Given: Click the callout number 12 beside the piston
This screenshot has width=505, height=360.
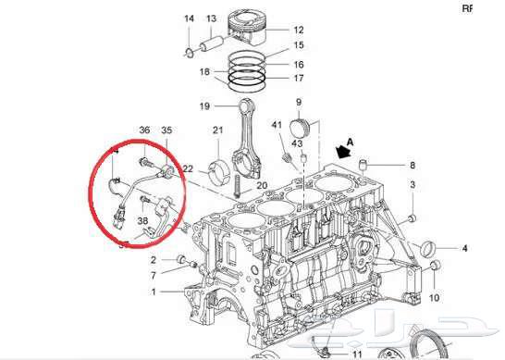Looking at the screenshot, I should (x=299, y=30).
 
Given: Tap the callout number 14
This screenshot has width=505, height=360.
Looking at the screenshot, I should (x=188, y=19).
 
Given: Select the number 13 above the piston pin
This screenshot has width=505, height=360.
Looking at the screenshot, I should (x=211, y=19).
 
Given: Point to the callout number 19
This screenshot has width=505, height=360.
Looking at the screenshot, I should (x=205, y=106).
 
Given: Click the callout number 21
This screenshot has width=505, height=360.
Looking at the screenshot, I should (x=218, y=130).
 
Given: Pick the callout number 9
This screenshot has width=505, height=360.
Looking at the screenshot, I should (x=299, y=101).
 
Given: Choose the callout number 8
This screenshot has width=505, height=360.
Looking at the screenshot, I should (x=412, y=165).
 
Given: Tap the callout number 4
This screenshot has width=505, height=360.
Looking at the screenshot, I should (x=465, y=248).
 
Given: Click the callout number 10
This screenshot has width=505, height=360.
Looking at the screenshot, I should (x=435, y=299).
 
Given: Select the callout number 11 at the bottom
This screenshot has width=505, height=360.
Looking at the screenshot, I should (x=358, y=353).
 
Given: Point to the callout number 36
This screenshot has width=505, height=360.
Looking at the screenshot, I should (x=144, y=130).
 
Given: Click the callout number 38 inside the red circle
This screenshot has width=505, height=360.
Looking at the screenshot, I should (x=142, y=221).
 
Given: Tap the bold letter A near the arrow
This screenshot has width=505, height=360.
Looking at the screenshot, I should (x=349, y=143).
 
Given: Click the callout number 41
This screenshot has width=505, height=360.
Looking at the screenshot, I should (x=277, y=124).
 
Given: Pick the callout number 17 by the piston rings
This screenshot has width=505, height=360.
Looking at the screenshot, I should (x=299, y=78).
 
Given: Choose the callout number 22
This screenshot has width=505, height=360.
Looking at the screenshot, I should (x=188, y=168).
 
